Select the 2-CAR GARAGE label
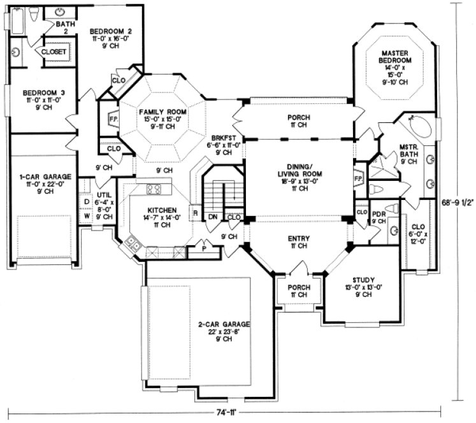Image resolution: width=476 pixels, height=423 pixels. pos(223,324)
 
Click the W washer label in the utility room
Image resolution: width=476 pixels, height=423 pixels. pos(87,215)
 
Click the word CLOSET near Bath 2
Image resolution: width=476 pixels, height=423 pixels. pos(54,52)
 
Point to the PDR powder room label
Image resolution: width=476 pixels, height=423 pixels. pos(377,213)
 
